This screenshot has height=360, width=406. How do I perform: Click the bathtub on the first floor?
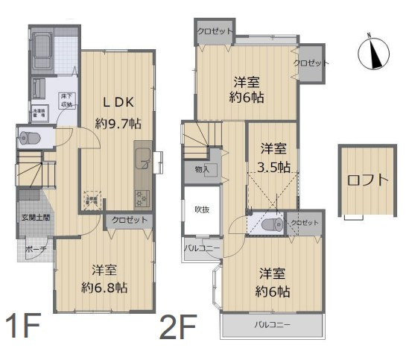42,48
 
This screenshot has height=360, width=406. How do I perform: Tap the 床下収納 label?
66,100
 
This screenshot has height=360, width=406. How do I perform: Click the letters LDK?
117,102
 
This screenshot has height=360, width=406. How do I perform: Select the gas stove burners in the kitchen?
142,198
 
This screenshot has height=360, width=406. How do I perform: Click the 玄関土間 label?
36,218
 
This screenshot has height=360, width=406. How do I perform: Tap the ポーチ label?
32,249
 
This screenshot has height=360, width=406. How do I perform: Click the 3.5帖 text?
274,167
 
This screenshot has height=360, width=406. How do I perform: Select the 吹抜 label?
202,209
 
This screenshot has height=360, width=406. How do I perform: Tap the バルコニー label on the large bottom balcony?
272,325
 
